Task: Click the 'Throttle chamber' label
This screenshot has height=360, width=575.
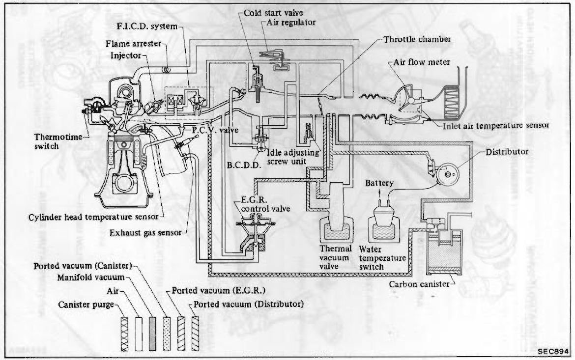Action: pos(417,39)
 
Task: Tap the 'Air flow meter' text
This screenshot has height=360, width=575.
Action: pos(422,62)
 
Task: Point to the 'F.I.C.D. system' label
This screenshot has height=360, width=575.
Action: pos(147,27)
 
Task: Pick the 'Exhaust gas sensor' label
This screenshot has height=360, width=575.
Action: pos(145,233)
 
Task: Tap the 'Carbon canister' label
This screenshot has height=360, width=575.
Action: pos(419,284)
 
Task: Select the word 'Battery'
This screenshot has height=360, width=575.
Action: pos(379,183)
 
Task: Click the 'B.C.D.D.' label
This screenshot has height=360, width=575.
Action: pos(244,166)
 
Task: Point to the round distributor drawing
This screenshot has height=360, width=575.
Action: pos(447,173)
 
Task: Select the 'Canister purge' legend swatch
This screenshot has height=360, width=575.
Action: pos(124,334)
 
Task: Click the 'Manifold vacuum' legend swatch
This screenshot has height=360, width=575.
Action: pos(152,334)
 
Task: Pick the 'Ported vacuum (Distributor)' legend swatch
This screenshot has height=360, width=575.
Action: pos(195,334)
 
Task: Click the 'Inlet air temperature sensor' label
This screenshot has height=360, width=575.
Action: pos(496,126)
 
